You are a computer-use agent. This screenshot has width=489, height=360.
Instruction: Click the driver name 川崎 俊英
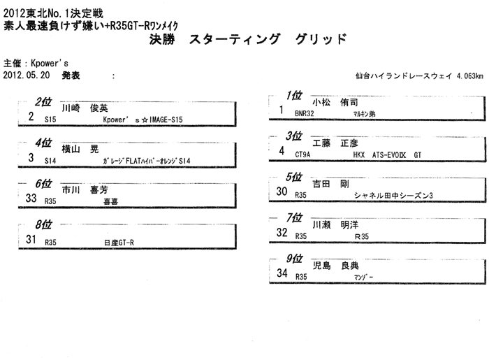(x=85, y=108)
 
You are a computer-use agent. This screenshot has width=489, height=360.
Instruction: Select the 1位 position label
(x=294, y=95)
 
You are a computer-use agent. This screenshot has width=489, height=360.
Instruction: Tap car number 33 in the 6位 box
(x=31, y=198)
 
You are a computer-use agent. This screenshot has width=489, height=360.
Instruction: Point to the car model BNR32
(x=305, y=113)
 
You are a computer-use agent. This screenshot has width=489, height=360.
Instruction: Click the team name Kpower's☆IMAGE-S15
(x=143, y=120)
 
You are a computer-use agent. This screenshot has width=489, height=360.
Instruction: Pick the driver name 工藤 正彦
(x=335, y=143)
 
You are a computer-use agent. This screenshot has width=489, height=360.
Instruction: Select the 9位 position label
(x=294, y=259)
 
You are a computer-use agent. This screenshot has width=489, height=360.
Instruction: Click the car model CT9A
(x=302, y=154)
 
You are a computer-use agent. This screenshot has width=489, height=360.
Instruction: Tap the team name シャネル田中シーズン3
(x=393, y=196)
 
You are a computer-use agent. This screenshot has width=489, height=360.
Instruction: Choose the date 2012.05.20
(x=27, y=75)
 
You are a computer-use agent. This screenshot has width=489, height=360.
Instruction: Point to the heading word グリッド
(x=321, y=39)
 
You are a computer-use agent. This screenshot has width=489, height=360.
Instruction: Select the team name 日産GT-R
(x=119, y=243)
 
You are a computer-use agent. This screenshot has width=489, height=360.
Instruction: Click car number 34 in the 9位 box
(x=282, y=273)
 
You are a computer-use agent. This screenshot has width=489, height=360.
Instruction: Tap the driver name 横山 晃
(x=80, y=149)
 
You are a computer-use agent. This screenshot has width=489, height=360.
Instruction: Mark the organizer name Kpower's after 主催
(x=50, y=64)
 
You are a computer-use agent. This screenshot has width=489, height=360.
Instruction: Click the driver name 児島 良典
(x=335, y=266)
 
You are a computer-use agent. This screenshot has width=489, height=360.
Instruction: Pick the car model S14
(x=50, y=161)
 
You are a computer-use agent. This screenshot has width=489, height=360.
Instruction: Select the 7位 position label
(x=294, y=217)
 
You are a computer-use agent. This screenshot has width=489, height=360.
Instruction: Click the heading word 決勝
(x=162, y=40)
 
